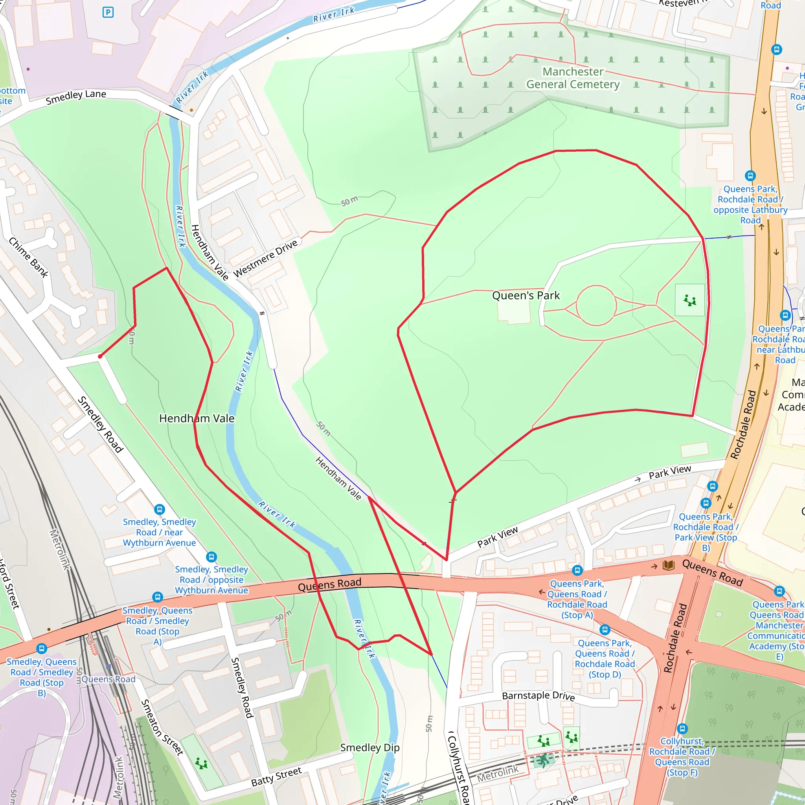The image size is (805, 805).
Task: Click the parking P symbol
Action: [108, 13]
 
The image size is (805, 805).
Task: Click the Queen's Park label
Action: [526, 296]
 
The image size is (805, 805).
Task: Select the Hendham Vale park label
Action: [197, 418]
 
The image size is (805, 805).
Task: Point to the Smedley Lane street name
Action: [76, 97]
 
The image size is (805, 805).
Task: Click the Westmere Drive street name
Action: [265, 258]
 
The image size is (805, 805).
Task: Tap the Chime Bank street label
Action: [29, 257]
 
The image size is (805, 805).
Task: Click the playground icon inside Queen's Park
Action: [689, 300]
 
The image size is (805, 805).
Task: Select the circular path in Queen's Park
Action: [596, 305]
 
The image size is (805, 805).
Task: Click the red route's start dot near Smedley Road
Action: [100, 356]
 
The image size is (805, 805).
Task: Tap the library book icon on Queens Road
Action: [668, 565]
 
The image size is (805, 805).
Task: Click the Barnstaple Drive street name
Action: [538, 696]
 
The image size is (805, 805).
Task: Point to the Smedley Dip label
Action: [369, 748]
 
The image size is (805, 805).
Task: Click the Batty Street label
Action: [276, 777]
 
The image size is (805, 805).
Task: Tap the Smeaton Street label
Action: [162, 727]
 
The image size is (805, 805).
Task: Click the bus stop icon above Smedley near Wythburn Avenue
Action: [159, 509]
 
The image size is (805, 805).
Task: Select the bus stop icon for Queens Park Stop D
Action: [605, 630]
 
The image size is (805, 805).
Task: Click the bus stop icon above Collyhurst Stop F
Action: [682, 729]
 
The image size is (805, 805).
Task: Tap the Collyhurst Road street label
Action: [458, 766]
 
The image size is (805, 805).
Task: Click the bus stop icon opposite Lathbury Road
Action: [750, 176]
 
